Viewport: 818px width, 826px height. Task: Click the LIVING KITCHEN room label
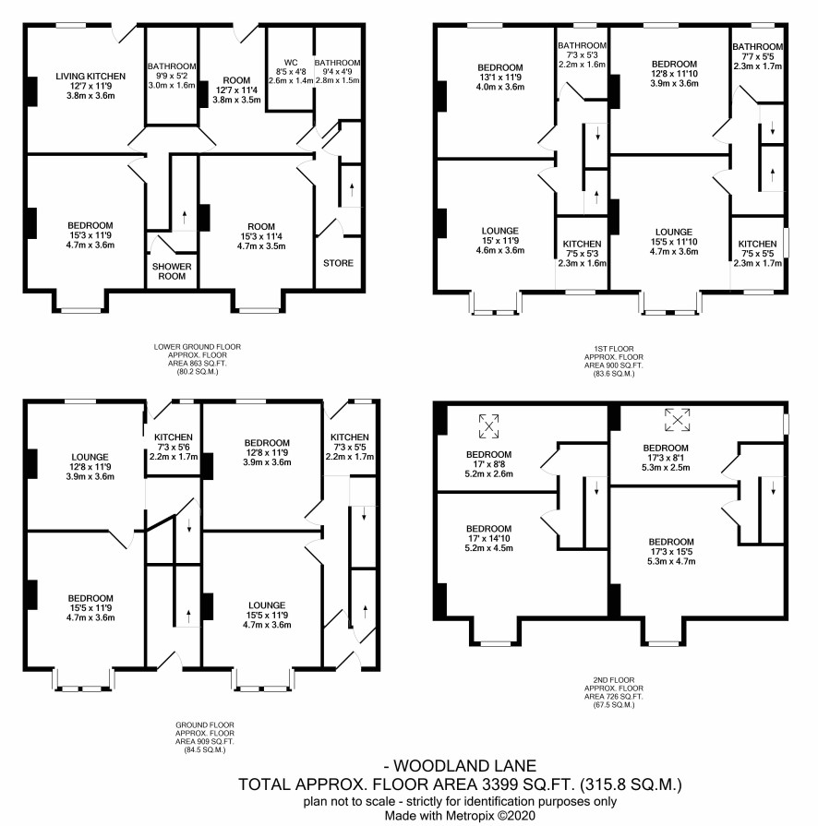[90, 77]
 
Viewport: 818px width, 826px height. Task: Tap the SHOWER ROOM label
[172, 271]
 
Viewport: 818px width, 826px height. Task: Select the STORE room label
[339, 263]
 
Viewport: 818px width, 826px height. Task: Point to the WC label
[291, 62]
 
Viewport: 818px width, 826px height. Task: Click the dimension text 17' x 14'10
[488, 538]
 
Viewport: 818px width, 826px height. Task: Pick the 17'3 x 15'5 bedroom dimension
[671, 552]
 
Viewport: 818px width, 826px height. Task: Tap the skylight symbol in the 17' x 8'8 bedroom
[488, 426]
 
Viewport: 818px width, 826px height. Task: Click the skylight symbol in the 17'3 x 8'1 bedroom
[678, 420]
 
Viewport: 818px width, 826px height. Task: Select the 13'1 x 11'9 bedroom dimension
[500, 77]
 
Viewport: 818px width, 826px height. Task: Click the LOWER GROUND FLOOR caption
[198, 347]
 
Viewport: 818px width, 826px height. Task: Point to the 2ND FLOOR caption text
[613, 680]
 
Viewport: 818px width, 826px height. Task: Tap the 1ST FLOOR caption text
[613, 349]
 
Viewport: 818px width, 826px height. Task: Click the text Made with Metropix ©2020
[460, 816]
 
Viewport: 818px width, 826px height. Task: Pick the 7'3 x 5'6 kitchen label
[174, 448]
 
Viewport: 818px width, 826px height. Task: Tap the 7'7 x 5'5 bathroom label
[757, 56]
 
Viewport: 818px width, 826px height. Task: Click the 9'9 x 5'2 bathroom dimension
[172, 76]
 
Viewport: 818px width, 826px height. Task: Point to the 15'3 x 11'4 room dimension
[261, 236]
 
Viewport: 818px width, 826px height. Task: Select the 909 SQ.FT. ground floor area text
[205, 742]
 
